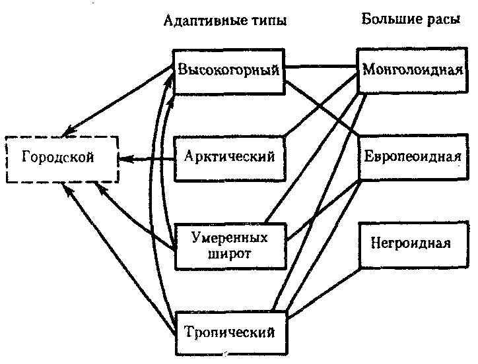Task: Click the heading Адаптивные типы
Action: click(x=225, y=20)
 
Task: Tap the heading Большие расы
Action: click(x=411, y=19)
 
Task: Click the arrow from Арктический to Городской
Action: click(x=147, y=159)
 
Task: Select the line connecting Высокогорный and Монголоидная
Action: click(x=321, y=66)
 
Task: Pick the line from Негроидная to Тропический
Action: click(x=324, y=293)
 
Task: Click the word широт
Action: click(x=230, y=254)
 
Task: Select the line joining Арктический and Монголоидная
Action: click(x=321, y=104)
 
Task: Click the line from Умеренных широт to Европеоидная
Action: click(x=324, y=210)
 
